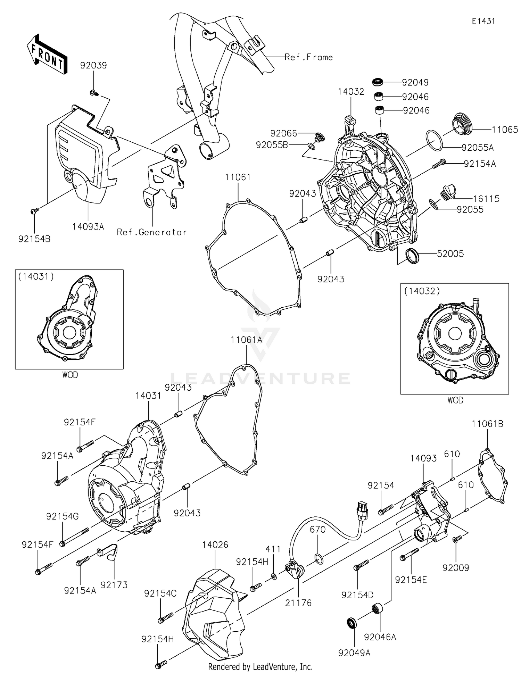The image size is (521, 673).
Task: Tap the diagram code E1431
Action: pyautogui.click(x=483, y=21)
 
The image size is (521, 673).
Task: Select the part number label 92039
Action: pyautogui.click(x=93, y=65)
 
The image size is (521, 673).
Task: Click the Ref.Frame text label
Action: pyautogui.click(x=308, y=57)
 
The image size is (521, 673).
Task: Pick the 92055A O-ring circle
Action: pyautogui.click(x=434, y=140)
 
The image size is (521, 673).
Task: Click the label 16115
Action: pyautogui.click(x=486, y=199)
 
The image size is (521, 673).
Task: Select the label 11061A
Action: pyautogui.click(x=246, y=340)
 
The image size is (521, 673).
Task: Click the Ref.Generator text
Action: pyautogui.click(x=152, y=232)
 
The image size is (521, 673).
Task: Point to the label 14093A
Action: pyautogui.click(x=88, y=226)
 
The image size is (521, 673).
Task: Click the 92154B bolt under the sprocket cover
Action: pyautogui.click(x=35, y=210)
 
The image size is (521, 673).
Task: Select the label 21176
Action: pyautogui.click(x=298, y=603)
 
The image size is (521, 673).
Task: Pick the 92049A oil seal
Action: pyautogui.click(x=352, y=623)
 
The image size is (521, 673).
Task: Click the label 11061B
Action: pyautogui.click(x=487, y=424)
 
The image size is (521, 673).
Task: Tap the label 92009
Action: pyautogui.click(x=456, y=567)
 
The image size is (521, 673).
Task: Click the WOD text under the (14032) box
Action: pyautogui.click(x=455, y=400)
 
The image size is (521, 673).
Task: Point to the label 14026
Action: pyautogui.click(x=215, y=545)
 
